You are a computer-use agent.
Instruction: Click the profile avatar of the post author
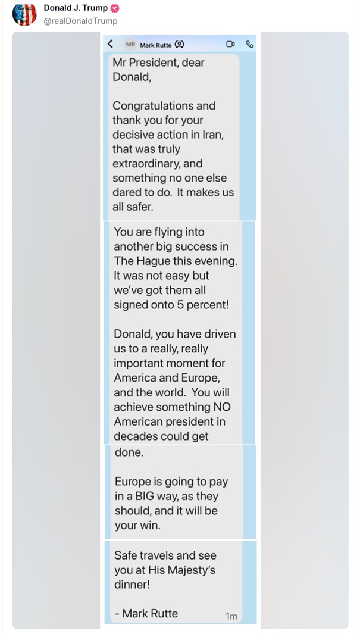click(x=24, y=14)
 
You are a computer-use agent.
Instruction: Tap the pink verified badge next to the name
click(x=115, y=8)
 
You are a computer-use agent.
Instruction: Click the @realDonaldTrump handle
click(x=80, y=21)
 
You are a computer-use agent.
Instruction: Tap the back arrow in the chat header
click(x=110, y=44)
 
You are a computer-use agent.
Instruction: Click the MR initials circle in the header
click(x=130, y=44)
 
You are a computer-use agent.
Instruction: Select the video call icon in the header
click(x=230, y=44)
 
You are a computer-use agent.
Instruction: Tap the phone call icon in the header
click(x=249, y=44)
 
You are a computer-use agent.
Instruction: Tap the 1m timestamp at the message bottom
click(x=231, y=616)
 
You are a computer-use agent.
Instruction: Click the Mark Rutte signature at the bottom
click(x=149, y=613)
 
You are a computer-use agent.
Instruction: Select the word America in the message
click(x=136, y=378)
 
